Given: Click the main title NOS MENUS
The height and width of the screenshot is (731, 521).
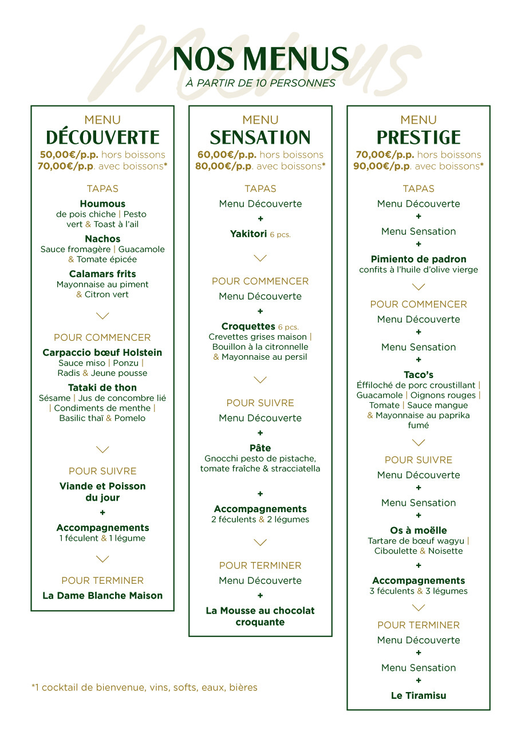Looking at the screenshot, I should click(260, 59).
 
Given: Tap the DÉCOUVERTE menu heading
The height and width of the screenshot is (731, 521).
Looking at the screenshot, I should click(102, 137).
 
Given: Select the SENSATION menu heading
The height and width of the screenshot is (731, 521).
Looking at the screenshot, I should click(260, 137).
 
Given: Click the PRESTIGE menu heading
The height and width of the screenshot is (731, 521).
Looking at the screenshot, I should click(419, 137).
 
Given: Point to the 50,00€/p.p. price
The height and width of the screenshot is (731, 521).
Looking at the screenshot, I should click(69, 155).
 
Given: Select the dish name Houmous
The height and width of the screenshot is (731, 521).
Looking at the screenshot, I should click(102, 204).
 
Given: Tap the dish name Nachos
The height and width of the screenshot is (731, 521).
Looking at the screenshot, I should click(102, 239).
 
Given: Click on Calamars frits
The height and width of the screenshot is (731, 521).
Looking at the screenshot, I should click(102, 274).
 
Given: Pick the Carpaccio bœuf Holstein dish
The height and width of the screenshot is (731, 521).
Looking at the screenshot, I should click(102, 352).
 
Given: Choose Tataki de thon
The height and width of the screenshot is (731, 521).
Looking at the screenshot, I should click(102, 388).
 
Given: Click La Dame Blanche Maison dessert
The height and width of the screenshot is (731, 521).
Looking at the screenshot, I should click(102, 596).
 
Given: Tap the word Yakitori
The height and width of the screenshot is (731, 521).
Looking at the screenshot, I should click(248, 234).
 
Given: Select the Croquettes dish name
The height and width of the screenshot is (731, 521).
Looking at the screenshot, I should click(248, 327).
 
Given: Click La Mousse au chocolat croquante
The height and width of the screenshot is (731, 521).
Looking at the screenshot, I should click(260, 616).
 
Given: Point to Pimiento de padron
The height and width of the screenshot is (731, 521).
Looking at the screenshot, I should click(419, 259).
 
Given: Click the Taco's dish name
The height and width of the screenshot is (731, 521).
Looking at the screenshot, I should click(419, 375).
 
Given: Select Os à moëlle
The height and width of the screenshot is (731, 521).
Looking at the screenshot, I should click(419, 530).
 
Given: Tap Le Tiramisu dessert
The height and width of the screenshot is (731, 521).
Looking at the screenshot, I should click(419, 695).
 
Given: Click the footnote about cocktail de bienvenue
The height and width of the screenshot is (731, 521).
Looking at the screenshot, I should click(144, 687).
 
